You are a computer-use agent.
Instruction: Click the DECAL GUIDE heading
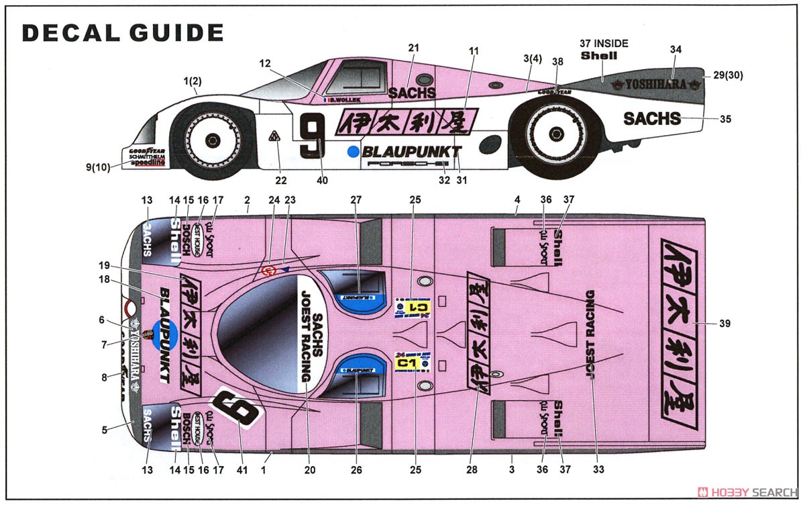pyautogui.click(x=123, y=32)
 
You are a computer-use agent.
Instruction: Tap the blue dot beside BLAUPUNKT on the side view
pyautogui.click(x=354, y=152)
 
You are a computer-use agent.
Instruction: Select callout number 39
pyautogui.click(x=724, y=324)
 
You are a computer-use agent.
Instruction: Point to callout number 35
pyautogui.click(x=724, y=120)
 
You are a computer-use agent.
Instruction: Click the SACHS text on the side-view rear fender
pyautogui.click(x=651, y=119)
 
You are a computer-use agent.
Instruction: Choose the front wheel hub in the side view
pyautogui.click(x=213, y=140)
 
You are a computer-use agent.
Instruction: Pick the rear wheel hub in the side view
pyautogui.click(x=558, y=135)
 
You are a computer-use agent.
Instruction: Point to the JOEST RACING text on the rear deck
pyautogui.click(x=591, y=334)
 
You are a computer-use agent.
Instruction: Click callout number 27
pyautogui.click(x=356, y=200)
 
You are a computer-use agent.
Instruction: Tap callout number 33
pyautogui.click(x=596, y=469)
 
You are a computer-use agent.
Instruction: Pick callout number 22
pyautogui.click(x=280, y=180)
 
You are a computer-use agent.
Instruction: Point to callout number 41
pyautogui.click(x=241, y=469)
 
